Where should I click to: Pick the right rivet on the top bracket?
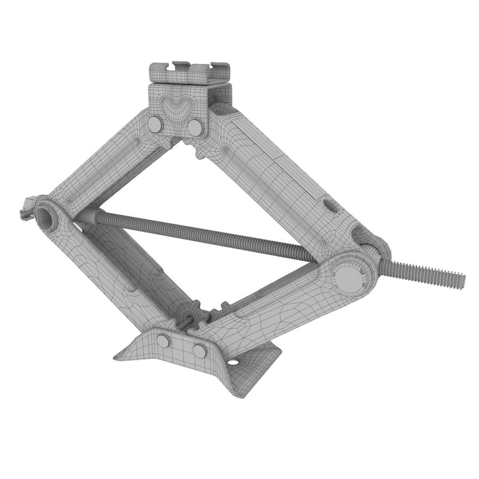[x=194, y=127]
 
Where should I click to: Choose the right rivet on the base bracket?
[x=199, y=350]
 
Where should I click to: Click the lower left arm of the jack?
[x=115, y=271]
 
